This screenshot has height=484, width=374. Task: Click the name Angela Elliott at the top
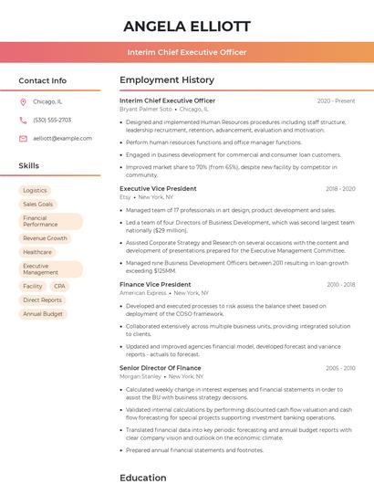click(x=186, y=26)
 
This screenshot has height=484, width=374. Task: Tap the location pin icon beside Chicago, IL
click(x=23, y=102)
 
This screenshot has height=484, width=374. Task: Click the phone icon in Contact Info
click(x=23, y=120)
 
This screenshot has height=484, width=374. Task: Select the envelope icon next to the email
click(x=23, y=138)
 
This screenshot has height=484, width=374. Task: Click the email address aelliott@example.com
click(x=62, y=138)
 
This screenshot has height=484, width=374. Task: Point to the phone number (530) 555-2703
click(x=52, y=120)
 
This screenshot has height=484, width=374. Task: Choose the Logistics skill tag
click(x=35, y=190)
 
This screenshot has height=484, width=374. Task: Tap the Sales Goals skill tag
click(x=38, y=204)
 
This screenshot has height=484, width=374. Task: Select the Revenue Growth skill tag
click(x=45, y=238)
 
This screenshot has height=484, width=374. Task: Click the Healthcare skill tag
click(x=37, y=252)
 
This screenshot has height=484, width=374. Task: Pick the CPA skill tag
click(x=60, y=286)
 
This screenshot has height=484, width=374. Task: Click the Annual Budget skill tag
click(x=43, y=313)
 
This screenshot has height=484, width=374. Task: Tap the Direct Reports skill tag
click(x=42, y=300)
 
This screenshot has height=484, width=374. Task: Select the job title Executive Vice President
click(x=158, y=188)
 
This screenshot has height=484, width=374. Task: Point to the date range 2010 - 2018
click(x=340, y=285)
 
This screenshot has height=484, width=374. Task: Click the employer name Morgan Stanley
click(x=140, y=375)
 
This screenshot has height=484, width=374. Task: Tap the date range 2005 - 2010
click(x=340, y=368)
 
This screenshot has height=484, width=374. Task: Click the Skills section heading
click(x=28, y=165)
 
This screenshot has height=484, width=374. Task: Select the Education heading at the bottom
click(x=143, y=477)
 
